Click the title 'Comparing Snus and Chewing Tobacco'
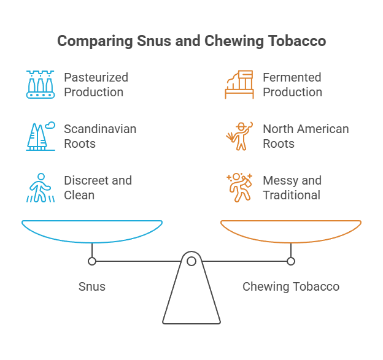click(191, 42)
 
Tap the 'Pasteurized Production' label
click(96, 85)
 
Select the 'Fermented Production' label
click(292, 85)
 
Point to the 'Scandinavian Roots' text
click(100, 136)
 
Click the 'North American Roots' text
click(306, 136)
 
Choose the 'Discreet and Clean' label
click(98, 188)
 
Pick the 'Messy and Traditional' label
click(292, 188)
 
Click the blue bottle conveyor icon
click(41, 85)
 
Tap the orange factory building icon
click(239, 85)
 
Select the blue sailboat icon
click(41, 136)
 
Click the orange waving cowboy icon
click(238, 136)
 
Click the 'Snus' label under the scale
click(92, 286)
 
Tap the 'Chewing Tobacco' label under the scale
click(291, 286)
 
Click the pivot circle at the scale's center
click(191, 261)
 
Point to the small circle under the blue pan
click(92, 261)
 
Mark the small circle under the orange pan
click(291, 261)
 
